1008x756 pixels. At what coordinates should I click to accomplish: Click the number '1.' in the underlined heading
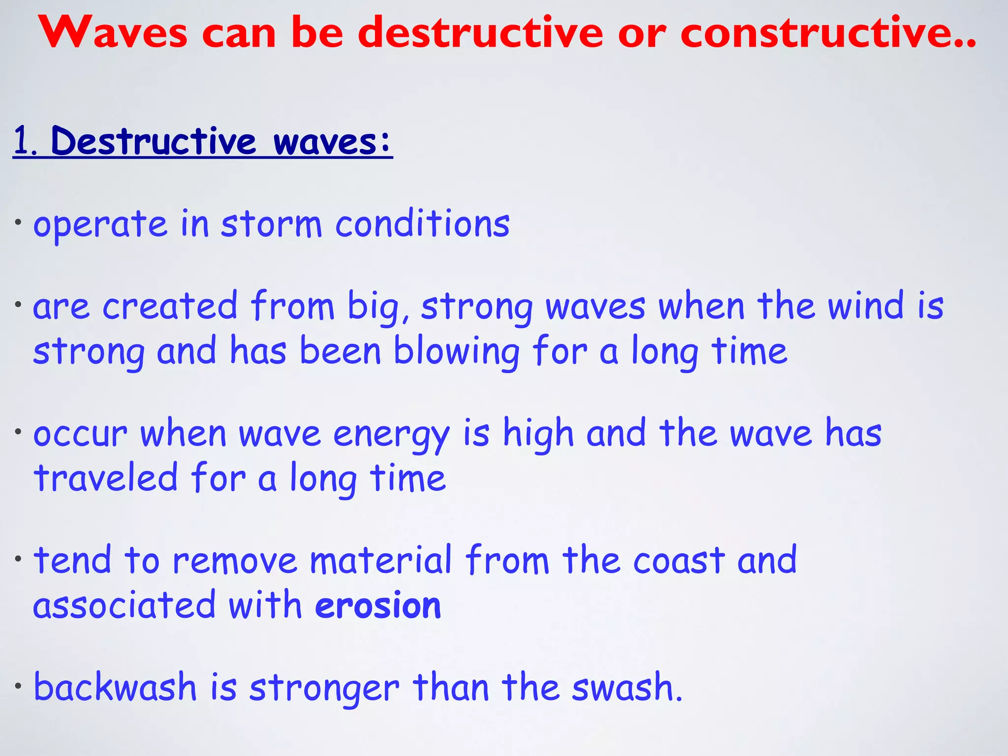pos(25,142)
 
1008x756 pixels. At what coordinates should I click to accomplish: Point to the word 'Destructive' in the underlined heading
pos(153,142)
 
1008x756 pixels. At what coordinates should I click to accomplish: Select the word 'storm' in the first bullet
pos(271,224)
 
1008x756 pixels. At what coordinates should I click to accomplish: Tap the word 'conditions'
pos(422,224)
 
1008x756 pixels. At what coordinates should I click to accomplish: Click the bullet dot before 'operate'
pos(18,222)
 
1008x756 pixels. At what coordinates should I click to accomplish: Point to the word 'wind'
pos(866,306)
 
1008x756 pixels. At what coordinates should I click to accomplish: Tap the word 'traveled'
pos(105,478)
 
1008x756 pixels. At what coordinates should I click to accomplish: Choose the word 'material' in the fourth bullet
pos(380,561)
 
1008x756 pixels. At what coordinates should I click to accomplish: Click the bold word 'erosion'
pos(378,605)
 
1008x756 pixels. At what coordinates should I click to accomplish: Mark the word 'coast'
pos(679,561)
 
